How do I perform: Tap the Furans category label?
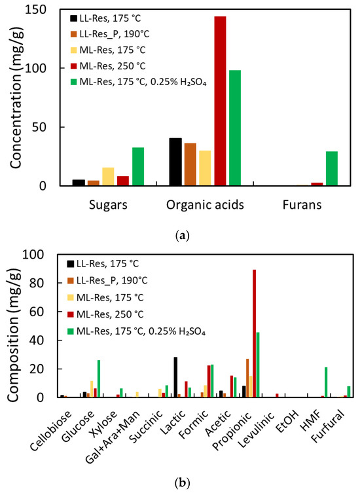(298, 205)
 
